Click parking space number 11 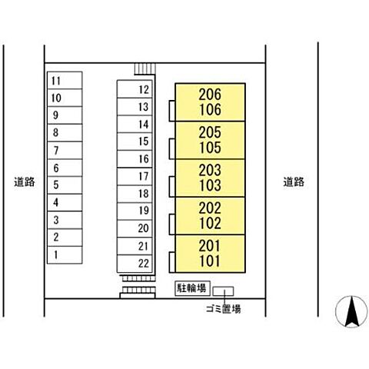65,81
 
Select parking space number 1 65,255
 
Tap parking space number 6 65,168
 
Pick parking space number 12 135,89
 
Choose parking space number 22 135,264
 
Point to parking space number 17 135,176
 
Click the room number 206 210,95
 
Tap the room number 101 210,261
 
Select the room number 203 210,170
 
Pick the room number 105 210,148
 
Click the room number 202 210,208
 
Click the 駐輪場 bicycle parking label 192,288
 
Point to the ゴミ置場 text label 224,309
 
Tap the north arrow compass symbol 351,311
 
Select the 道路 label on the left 25,182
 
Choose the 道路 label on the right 294,182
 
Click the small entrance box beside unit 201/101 172,262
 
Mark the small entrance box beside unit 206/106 172,111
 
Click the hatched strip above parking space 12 145,68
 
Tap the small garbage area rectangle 223,291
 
